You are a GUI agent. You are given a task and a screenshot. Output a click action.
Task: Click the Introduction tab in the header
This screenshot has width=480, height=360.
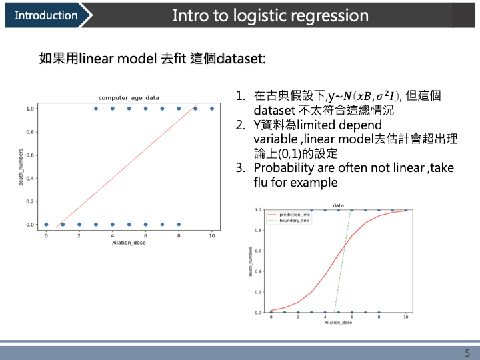tap(45, 15)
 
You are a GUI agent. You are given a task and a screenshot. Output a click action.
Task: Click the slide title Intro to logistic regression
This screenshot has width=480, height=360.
tap(270, 15)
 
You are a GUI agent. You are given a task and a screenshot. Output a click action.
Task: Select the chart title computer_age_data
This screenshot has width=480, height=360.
tap(129, 98)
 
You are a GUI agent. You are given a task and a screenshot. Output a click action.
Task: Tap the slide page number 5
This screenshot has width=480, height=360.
tap(467, 353)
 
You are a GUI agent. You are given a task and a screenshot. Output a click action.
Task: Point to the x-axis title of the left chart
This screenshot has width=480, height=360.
tap(129, 243)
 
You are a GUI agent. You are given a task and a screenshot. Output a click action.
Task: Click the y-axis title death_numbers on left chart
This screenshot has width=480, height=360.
tap(21, 167)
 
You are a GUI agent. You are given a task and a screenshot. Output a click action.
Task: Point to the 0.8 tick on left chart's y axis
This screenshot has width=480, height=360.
tap(30, 132)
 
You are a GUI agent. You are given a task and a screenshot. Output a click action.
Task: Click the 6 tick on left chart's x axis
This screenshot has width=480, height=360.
tap(145, 235)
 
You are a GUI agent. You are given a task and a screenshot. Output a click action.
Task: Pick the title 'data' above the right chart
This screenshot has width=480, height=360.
tap(338, 205)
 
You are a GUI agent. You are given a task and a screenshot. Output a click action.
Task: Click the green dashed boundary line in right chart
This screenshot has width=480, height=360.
tap(343, 260)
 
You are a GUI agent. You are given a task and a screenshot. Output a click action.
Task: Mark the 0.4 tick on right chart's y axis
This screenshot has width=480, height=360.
tap(258, 271)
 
